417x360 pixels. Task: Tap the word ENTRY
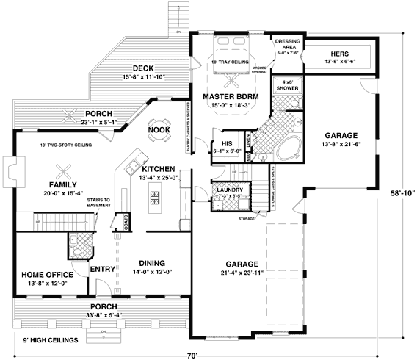point(100,270)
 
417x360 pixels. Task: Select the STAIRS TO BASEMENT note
point(98,203)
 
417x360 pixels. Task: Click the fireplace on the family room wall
point(9,171)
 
